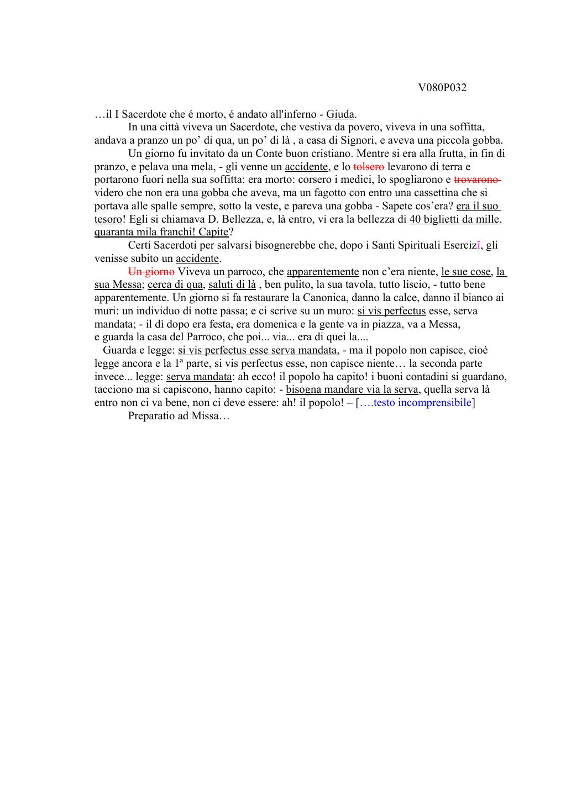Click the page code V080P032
(442, 88)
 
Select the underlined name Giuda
(340, 115)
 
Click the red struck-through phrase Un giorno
(151, 272)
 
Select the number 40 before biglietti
(415, 219)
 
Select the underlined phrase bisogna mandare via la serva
(352, 390)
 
